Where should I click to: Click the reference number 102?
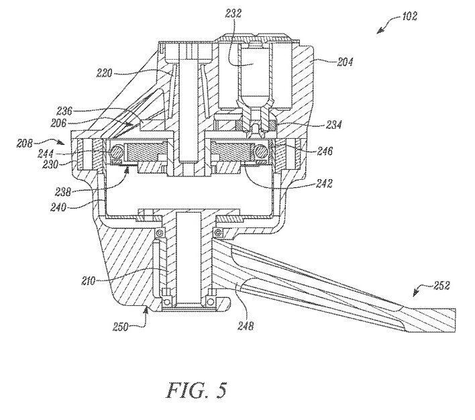pos(409,15)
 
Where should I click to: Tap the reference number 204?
pos(345,62)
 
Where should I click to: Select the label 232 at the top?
pos(233,13)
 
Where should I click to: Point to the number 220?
pos(105,73)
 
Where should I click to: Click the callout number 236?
pos(64,111)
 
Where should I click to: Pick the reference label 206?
pos(58,123)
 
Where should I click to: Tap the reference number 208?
pos(25,143)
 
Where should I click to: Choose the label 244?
pos(46,154)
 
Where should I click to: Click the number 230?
pos(50,164)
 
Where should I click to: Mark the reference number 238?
pos(63,192)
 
